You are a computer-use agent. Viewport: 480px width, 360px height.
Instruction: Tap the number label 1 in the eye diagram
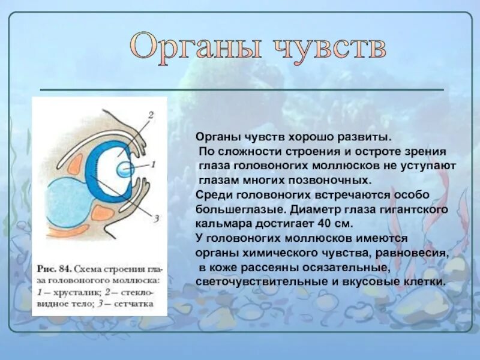152,163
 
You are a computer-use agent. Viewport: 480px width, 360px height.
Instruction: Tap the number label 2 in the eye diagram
151,115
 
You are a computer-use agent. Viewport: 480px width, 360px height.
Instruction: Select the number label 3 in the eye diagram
155,220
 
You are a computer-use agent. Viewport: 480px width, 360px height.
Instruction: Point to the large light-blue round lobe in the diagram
59,203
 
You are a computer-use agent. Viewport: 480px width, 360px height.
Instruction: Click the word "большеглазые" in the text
234,209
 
